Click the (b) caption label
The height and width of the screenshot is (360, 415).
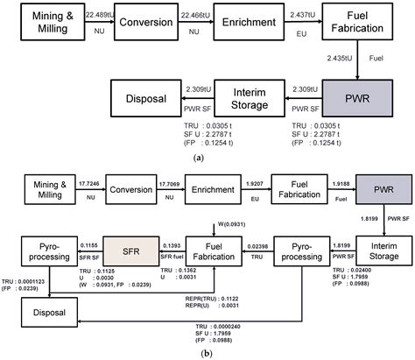[x=207, y=352]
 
